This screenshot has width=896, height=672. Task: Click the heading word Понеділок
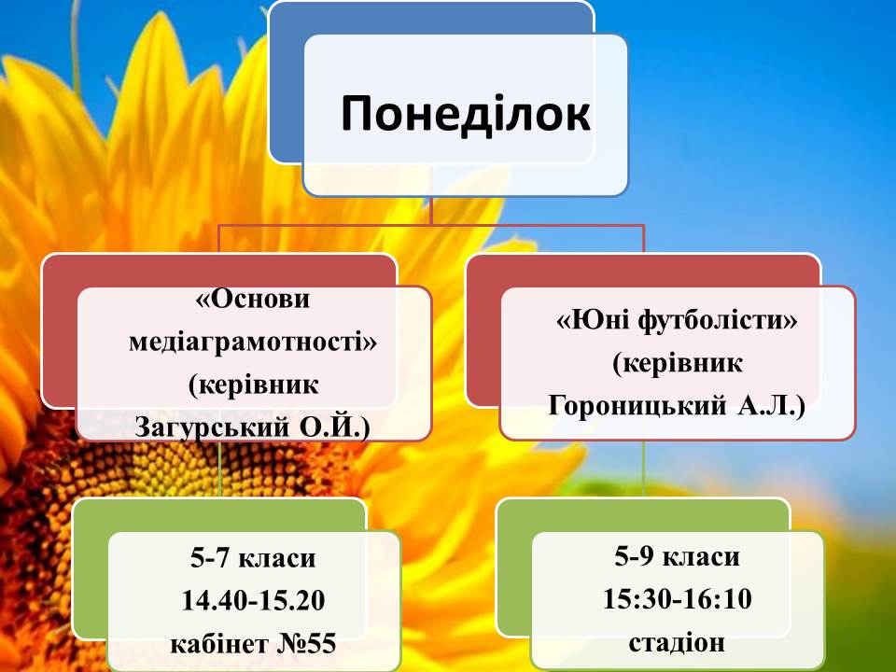click(465, 114)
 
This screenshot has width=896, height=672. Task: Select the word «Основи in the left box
click(253, 299)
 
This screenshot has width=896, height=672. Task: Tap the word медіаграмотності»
click(253, 342)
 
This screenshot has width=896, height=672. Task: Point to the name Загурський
click(213, 427)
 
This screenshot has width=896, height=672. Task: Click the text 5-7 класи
click(253, 558)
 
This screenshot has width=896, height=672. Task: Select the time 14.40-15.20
click(253, 600)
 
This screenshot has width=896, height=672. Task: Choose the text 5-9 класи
click(678, 556)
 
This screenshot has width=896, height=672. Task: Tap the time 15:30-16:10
click(678, 599)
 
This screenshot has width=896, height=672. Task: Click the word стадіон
click(678, 642)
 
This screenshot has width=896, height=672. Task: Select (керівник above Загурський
click(253, 385)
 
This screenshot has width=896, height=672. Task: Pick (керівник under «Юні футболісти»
click(678, 363)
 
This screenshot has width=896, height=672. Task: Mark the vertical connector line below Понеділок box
click(431, 209)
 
